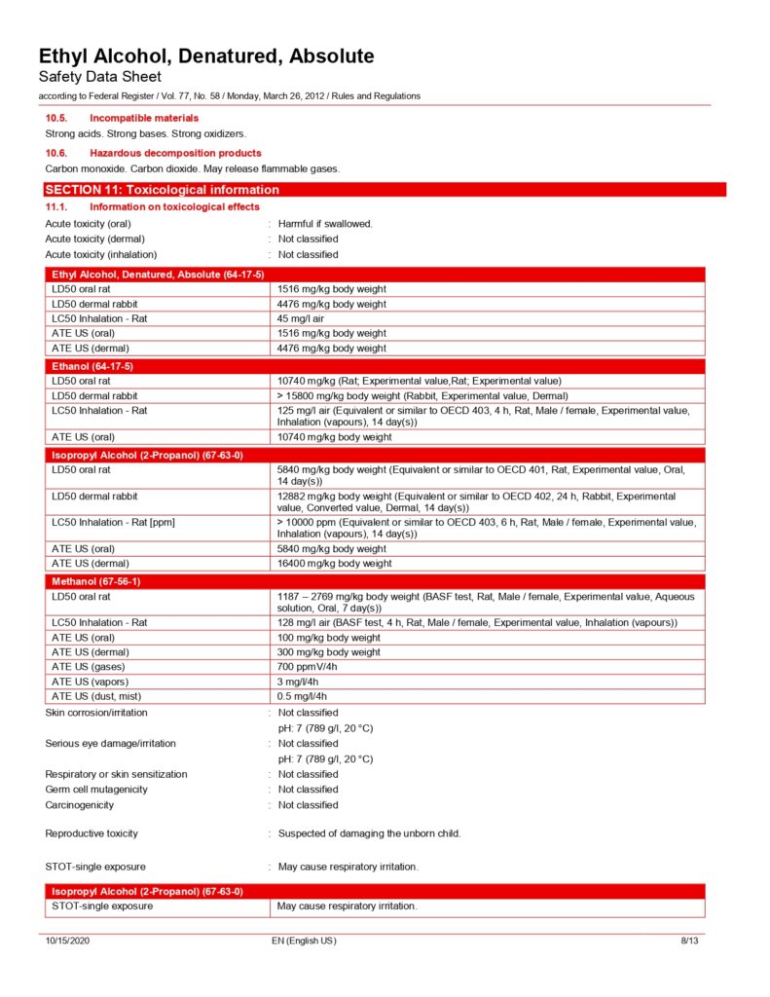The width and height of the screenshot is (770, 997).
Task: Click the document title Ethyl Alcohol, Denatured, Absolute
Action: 205,56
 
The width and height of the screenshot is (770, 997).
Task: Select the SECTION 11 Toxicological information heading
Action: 163,190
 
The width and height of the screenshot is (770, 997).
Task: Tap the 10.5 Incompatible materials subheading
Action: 144,118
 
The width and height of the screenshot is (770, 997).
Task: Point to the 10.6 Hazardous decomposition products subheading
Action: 175,153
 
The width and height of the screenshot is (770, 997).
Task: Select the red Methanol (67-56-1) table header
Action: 95,581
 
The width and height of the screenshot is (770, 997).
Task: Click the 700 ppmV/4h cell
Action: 308,667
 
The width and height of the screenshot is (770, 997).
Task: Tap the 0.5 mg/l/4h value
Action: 303,696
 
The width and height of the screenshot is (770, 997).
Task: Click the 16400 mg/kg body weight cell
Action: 335,563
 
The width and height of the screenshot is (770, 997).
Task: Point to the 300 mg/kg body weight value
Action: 329,652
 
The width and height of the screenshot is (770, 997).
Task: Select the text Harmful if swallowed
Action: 325,224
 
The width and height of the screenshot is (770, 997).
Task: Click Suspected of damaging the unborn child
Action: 369,833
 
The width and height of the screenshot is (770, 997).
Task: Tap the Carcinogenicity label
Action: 80,805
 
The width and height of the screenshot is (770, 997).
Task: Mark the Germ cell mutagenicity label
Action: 96,790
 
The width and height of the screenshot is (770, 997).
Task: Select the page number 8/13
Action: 689,942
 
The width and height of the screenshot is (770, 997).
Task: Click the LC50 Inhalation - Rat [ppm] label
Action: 113,523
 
